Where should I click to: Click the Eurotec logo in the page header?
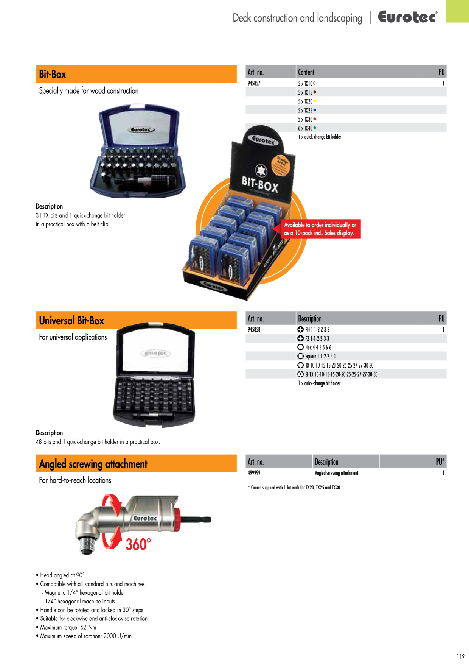point(407,17)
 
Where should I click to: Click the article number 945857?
point(254,83)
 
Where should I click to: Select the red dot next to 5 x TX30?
point(315,119)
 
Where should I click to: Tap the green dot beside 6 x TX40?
point(315,128)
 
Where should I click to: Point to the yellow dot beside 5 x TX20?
point(315,101)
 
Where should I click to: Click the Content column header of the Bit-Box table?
point(306,72)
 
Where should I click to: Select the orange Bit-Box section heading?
point(136,74)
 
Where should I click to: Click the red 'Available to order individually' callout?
point(320,229)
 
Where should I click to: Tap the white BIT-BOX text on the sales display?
point(260,184)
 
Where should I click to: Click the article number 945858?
point(254,330)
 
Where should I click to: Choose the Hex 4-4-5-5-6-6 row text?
point(318,348)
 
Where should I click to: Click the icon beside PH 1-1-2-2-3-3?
point(301,329)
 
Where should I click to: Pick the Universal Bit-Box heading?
point(71,321)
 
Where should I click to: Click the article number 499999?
point(254,473)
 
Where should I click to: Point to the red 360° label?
point(138,544)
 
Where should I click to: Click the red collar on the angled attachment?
point(177,518)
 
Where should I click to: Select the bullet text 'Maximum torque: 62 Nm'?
point(68,627)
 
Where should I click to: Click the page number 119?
point(460,656)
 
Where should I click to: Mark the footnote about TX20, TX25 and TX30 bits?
point(294,488)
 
